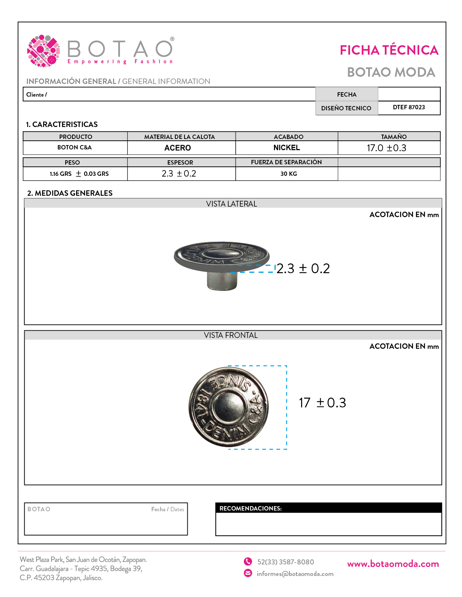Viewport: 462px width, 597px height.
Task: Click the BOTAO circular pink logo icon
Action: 43,51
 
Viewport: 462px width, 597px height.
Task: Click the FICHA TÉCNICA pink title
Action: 389,50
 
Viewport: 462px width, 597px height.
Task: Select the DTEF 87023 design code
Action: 409,107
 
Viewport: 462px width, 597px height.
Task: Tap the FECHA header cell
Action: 346,94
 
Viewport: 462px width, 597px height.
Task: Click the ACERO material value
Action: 178,148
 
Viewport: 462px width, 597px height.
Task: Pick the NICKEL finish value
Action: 287,148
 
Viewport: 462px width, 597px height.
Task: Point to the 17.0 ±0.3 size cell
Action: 386,148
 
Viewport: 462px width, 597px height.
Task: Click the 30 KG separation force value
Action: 288,174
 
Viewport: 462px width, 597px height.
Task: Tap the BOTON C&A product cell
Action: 75,148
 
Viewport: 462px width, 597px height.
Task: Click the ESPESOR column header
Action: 180,162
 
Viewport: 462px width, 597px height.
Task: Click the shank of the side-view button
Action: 222,280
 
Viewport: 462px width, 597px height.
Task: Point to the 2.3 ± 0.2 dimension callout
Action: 303,268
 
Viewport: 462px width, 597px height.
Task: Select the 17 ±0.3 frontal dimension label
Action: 322,403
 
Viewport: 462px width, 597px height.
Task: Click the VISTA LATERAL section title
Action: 232,204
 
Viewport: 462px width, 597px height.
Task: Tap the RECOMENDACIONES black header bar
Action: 328,508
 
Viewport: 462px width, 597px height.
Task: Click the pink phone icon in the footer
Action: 248,562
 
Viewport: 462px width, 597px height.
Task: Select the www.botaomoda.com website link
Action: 393,564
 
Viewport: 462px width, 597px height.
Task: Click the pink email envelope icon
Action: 248,573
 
